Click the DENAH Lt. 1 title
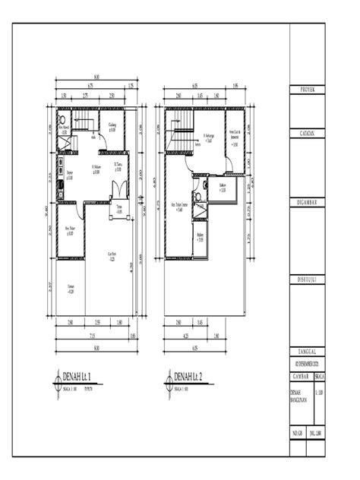[x=78, y=376]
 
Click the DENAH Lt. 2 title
[x=187, y=376]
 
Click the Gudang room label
[x=112, y=125]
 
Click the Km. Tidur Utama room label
[x=179, y=207]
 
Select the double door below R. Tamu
[x=115, y=190]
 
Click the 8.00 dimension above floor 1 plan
[x=96, y=77]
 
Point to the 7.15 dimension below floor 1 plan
[x=92, y=335]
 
